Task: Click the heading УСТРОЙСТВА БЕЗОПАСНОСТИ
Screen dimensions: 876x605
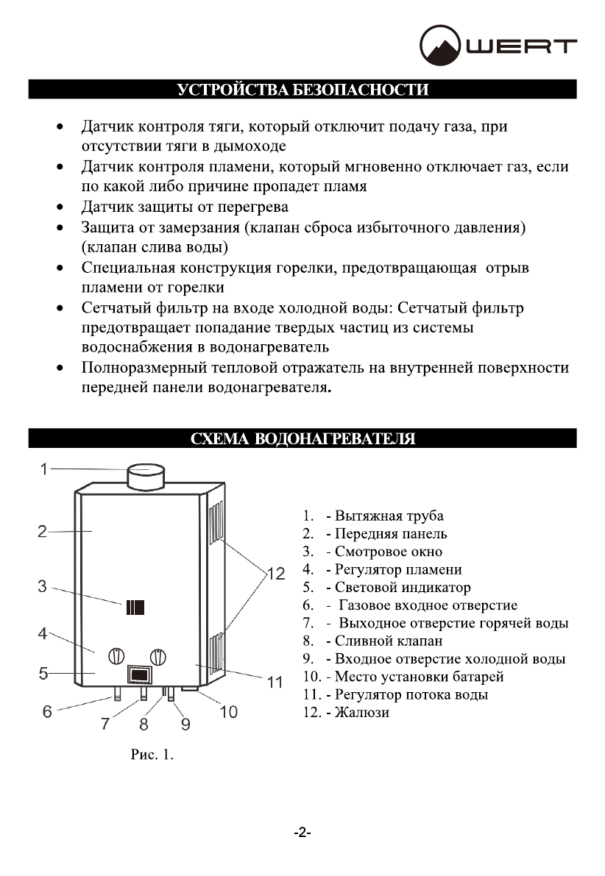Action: pyautogui.click(x=302, y=90)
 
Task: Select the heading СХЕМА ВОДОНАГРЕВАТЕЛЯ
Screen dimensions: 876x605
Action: pyautogui.click(x=302, y=439)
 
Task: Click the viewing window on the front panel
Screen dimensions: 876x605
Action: pyautogui.click(x=135, y=608)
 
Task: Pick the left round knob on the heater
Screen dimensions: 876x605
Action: pyautogui.click(x=117, y=655)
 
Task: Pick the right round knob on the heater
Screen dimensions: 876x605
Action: pyautogui.click(x=158, y=655)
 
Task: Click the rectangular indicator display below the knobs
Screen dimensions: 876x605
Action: pyautogui.click(x=138, y=674)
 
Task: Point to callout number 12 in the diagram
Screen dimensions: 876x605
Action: pyautogui.click(x=275, y=574)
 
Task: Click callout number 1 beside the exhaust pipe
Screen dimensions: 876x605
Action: pyautogui.click(x=44, y=469)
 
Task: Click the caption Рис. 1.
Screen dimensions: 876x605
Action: pyautogui.click(x=152, y=755)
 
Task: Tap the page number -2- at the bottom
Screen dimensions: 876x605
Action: pyautogui.click(x=302, y=833)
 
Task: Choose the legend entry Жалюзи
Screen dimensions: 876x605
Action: pyautogui.click(x=361, y=712)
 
